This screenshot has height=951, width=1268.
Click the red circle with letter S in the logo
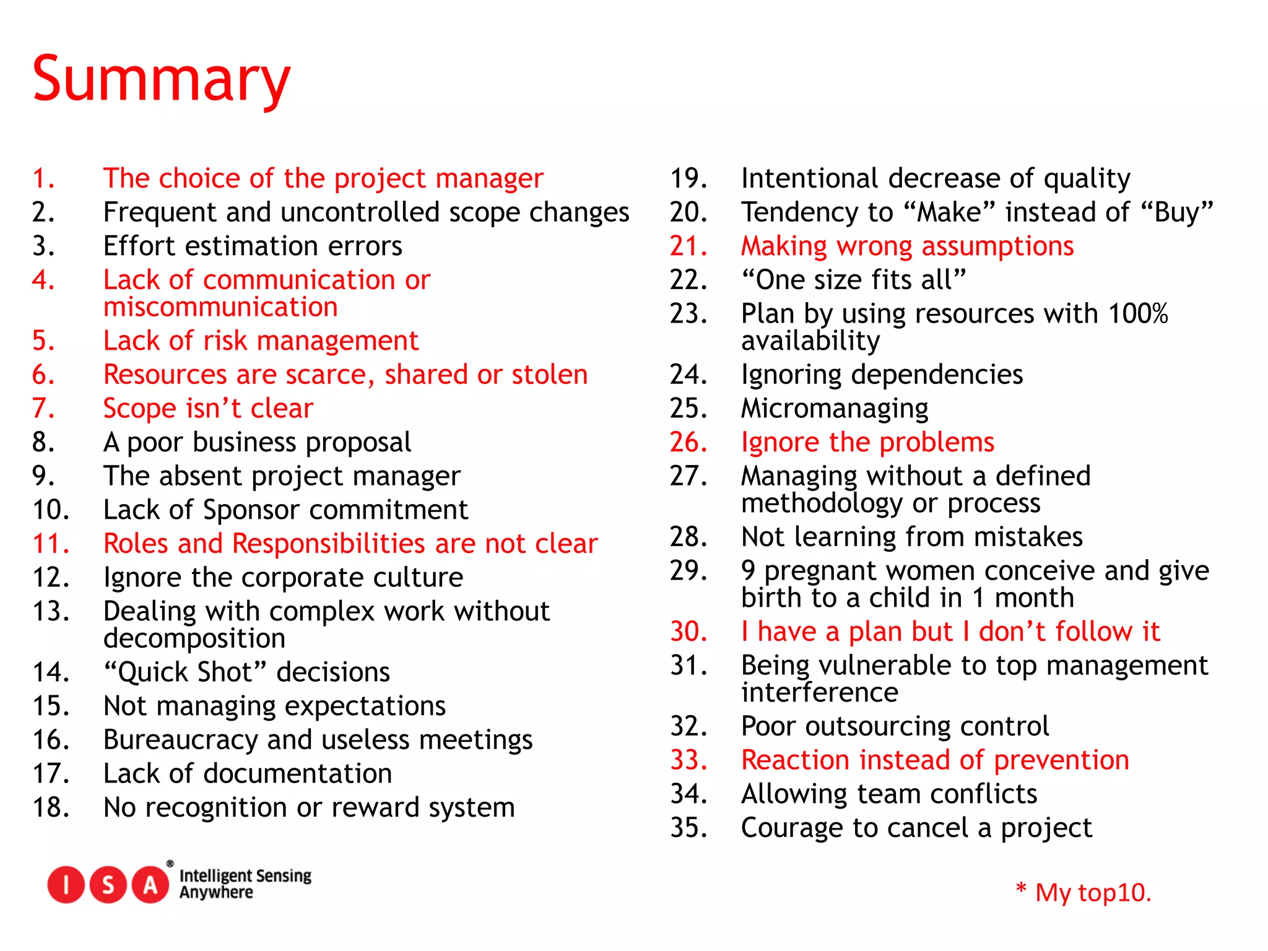108,885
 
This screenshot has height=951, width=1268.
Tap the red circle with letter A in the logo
150,885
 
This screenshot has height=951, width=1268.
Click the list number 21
688,246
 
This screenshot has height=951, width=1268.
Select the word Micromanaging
835,409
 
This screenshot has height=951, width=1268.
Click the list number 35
688,828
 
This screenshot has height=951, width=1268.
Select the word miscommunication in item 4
220,307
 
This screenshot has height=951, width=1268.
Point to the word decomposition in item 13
194,638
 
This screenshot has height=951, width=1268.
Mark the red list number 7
43,409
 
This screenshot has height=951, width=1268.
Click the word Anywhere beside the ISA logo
216,892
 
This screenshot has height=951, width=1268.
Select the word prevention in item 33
1061,760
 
